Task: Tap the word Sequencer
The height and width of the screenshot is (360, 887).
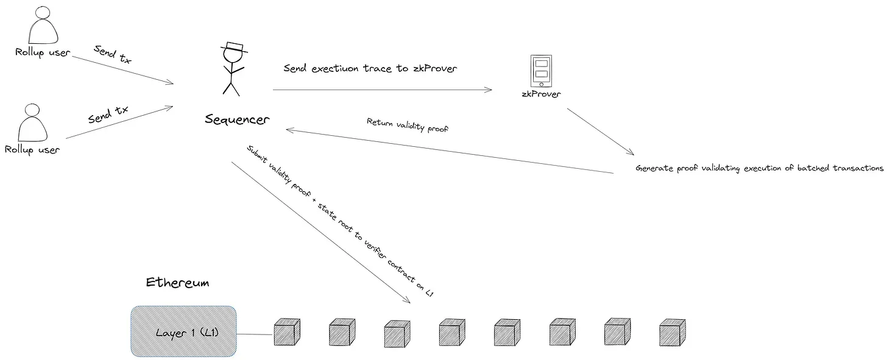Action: [x=236, y=119]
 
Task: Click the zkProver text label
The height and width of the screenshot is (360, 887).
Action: [x=541, y=94]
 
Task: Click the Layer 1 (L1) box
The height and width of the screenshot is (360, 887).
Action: [x=183, y=331]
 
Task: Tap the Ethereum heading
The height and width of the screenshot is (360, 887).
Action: [x=178, y=283]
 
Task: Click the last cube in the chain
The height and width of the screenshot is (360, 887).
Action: [x=673, y=332]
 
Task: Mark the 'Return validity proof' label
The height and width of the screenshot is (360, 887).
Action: [x=408, y=125]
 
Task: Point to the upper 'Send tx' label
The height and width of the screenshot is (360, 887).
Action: [x=113, y=54]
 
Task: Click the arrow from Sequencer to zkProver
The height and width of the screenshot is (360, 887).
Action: [x=382, y=90]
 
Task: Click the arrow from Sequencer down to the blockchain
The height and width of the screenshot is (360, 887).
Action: [x=320, y=232]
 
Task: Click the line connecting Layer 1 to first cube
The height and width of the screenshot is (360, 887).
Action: [x=255, y=334]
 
